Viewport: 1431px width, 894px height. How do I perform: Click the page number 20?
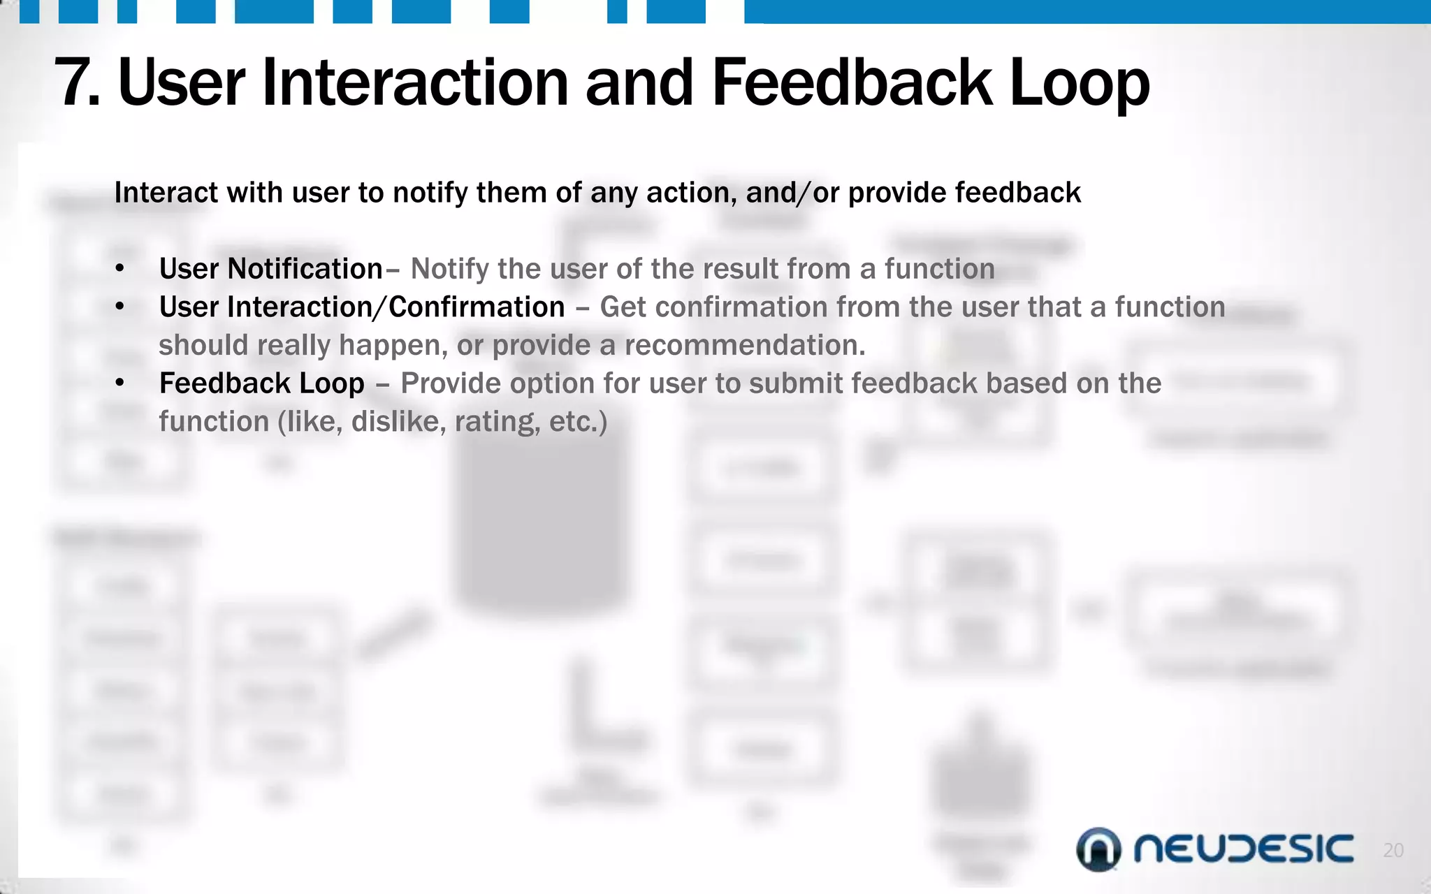[x=1393, y=850]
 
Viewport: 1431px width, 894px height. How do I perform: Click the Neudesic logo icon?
[x=1098, y=849]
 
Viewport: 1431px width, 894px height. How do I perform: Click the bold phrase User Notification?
[x=270, y=268]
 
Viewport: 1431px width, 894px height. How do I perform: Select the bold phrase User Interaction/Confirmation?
[x=361, y=307]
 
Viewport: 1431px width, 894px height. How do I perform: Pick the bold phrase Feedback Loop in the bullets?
[x=261, y=383]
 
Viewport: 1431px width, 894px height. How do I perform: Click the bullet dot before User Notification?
[x=119, y=268]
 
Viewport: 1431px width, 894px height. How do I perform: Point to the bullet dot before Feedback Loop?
[x=119, y=383]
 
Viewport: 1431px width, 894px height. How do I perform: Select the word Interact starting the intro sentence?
[x=166, y=192]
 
